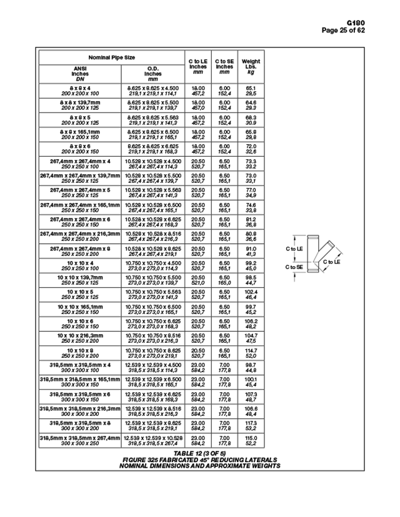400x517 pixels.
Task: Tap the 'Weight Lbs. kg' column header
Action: coord(251,67)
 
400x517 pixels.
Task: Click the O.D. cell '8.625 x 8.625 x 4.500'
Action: coord(152,88)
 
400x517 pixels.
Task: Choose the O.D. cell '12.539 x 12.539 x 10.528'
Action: coord(152,437)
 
